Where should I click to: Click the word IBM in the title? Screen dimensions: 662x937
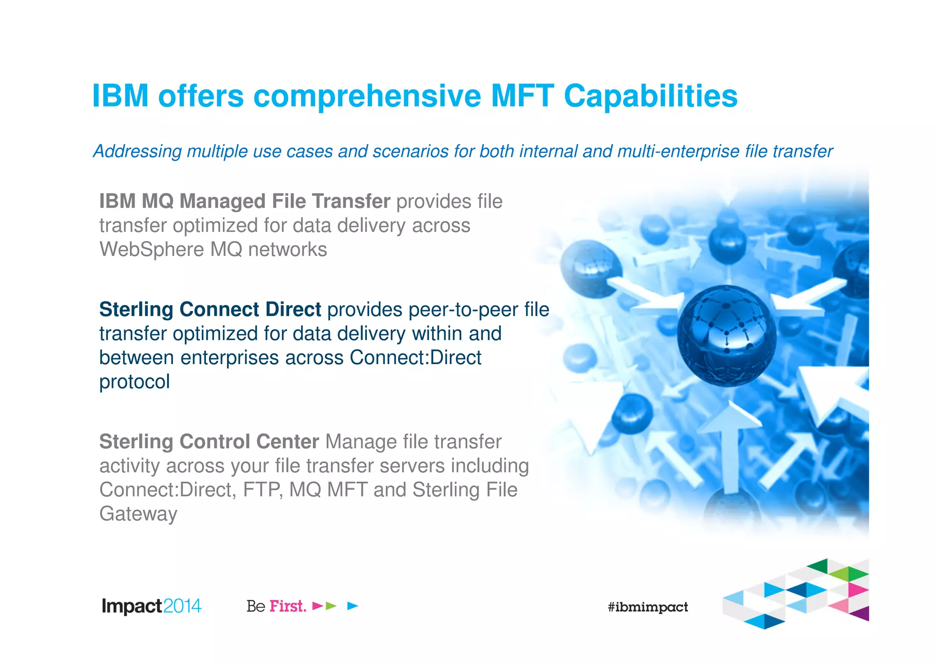(120, 96)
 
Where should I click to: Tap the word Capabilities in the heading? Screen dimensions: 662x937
(650, 96)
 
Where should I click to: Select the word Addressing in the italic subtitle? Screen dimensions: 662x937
(138, 151)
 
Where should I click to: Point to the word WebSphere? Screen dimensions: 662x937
(151, 250)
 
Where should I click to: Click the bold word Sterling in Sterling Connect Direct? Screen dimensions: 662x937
(136, 310)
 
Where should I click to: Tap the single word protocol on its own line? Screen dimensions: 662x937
(135, 382)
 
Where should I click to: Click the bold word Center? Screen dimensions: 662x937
(287, 442)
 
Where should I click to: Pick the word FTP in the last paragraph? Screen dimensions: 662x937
(263, 490)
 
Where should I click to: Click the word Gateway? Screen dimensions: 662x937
(138, 514)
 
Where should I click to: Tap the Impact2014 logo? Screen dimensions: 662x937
(151, 606)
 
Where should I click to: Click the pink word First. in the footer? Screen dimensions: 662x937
(288, 606)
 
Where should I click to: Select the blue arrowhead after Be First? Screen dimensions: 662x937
(352, 606)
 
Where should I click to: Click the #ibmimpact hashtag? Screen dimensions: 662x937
(647, 607)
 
